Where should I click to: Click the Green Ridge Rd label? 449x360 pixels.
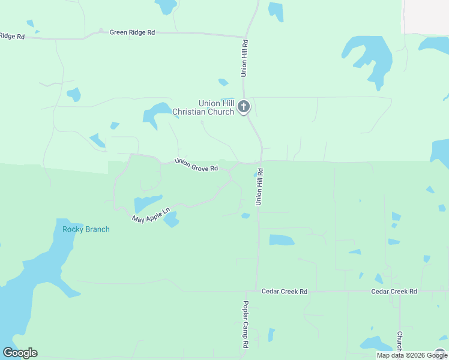(x=132, y=32)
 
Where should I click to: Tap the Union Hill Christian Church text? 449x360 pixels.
(x=203, y=107)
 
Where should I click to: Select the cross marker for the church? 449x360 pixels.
(x=243, y=107)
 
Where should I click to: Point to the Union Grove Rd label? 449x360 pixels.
(x=196, y=165)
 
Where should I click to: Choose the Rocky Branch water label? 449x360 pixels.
(x=86, y=229)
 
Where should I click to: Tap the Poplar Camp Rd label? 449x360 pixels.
(x=245, y=325)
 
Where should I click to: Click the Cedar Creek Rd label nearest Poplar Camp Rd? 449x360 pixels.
(x=285, y=292)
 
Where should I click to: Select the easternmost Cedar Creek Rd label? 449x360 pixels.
(x=394, y=292)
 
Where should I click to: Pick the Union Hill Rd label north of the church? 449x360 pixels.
(x=244, y=58)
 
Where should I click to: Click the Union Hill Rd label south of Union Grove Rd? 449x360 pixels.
(x=259, y=187)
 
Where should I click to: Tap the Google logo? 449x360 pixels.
(x=20, y=353)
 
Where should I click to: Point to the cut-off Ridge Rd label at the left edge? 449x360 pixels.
(x=12, y=37)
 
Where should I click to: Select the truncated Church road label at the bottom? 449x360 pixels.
(x=399, y=340)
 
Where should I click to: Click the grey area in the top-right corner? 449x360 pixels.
(x=426, y=15)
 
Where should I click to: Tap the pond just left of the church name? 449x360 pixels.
(x=157, y=112)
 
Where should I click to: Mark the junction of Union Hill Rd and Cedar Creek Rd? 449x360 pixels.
(x=257, y=292)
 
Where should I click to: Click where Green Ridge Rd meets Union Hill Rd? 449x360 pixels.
(x=246, y=36)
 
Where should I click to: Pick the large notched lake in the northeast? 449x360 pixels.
(x=369, y=57)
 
